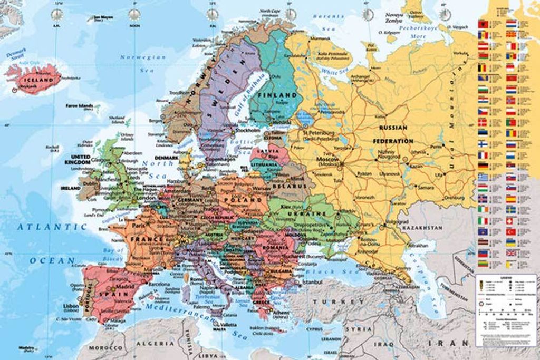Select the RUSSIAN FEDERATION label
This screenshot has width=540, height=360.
point(393,134)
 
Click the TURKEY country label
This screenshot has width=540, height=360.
point(338,301)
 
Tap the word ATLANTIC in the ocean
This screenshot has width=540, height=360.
point(51,227)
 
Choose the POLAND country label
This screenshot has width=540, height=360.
point(243,200)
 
